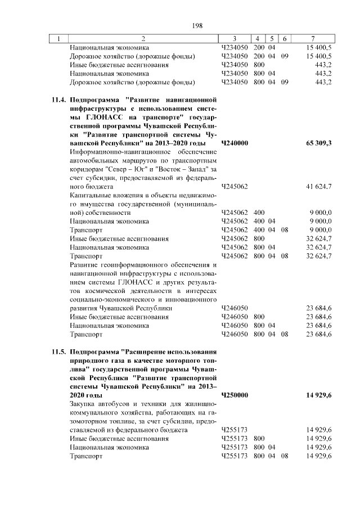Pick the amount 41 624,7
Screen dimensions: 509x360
318,186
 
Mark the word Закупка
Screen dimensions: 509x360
83,404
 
